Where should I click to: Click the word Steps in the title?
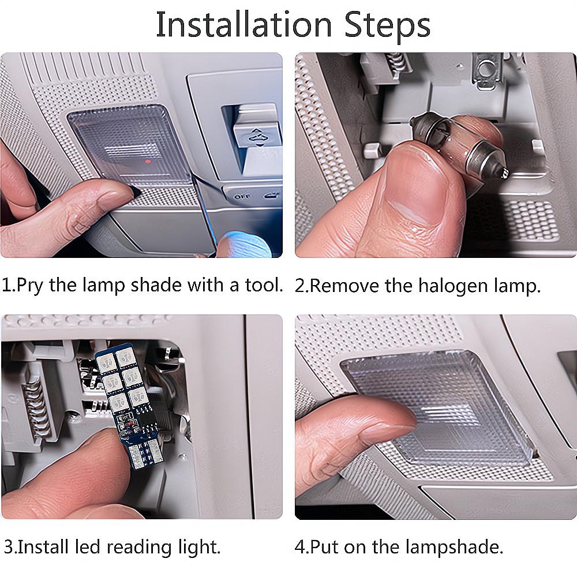[388, 27]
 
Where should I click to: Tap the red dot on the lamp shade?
[148, 162]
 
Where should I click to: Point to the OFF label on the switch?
[241, 197]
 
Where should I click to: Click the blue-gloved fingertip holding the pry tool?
[243, 244]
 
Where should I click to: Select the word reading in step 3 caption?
[140, 548]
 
